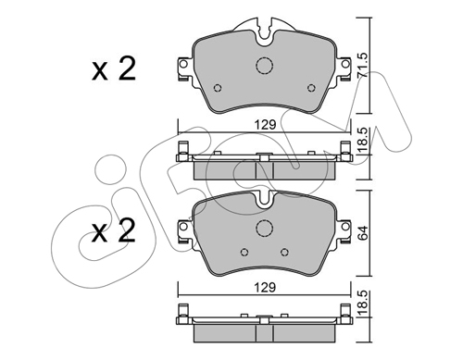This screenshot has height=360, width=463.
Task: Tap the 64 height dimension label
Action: (362, 232)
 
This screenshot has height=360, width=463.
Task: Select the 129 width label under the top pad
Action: (265, 125)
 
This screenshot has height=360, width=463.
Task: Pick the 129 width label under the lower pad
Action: (265, 288)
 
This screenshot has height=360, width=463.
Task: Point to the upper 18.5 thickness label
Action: (362, 141)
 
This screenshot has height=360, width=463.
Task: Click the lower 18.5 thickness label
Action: (362, 304)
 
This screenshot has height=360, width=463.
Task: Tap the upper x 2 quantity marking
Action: (114, 69)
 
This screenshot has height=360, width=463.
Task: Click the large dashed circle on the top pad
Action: (265, 66)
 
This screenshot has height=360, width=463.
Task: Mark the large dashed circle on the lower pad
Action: (265, 229)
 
